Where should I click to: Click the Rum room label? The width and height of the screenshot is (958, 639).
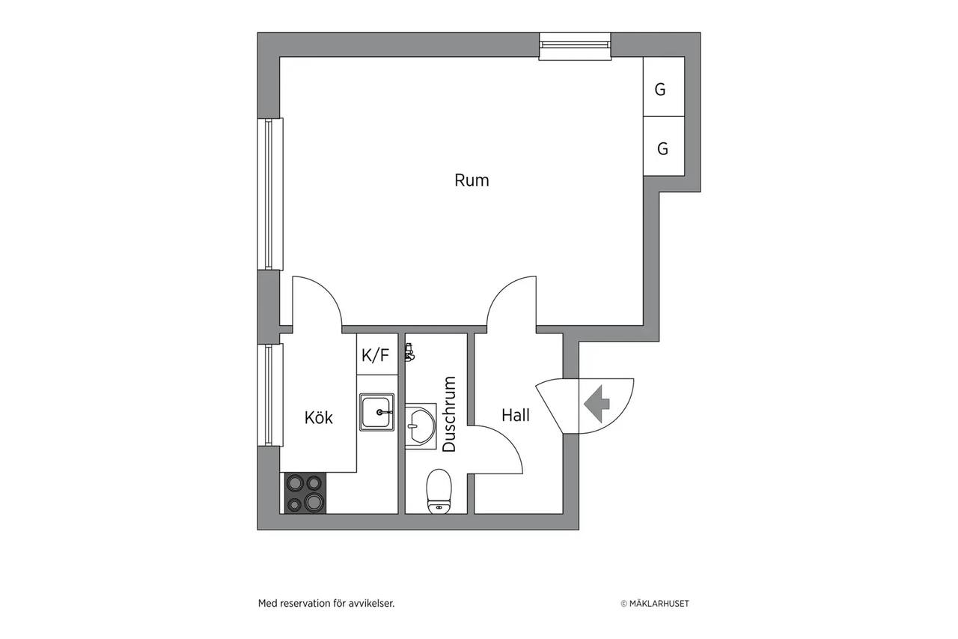[472, 181]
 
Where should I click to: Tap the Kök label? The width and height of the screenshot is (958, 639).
[319, 417]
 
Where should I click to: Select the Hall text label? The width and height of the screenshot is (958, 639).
[516, 415]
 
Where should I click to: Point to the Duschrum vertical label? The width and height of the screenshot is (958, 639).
[449, 414]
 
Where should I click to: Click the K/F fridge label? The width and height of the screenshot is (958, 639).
[376, 355]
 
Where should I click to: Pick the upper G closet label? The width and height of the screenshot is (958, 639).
[660, 89]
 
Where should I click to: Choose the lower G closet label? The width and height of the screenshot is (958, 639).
[662, 148]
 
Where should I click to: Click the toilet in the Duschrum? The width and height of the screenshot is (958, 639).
[439, 491]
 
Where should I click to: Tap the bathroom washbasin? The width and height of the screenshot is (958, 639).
[421, 426]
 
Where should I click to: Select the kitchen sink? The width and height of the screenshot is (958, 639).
[376, 412]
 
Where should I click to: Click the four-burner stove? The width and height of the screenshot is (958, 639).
[305, 493]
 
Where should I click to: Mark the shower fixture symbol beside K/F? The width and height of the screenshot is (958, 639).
[409, 352]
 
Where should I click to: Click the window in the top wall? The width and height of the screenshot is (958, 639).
[575, 46]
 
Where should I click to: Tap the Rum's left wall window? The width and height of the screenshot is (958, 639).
[270, 194]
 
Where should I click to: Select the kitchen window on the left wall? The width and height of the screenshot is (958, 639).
[270, 395]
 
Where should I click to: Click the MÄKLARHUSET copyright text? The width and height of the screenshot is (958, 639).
[655, 604]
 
